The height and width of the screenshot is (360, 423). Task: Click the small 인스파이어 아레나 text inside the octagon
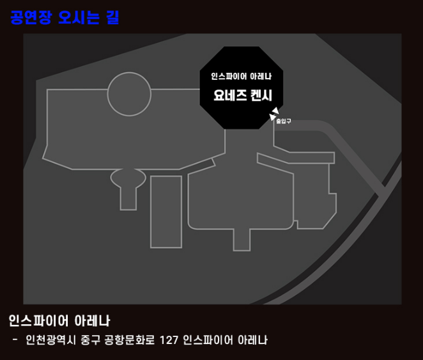(242, 77)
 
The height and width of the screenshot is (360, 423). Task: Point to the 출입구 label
(283, 121)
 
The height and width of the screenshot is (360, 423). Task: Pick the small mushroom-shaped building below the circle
(128, 185)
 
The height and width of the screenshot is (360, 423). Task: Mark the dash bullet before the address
(15, 339)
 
